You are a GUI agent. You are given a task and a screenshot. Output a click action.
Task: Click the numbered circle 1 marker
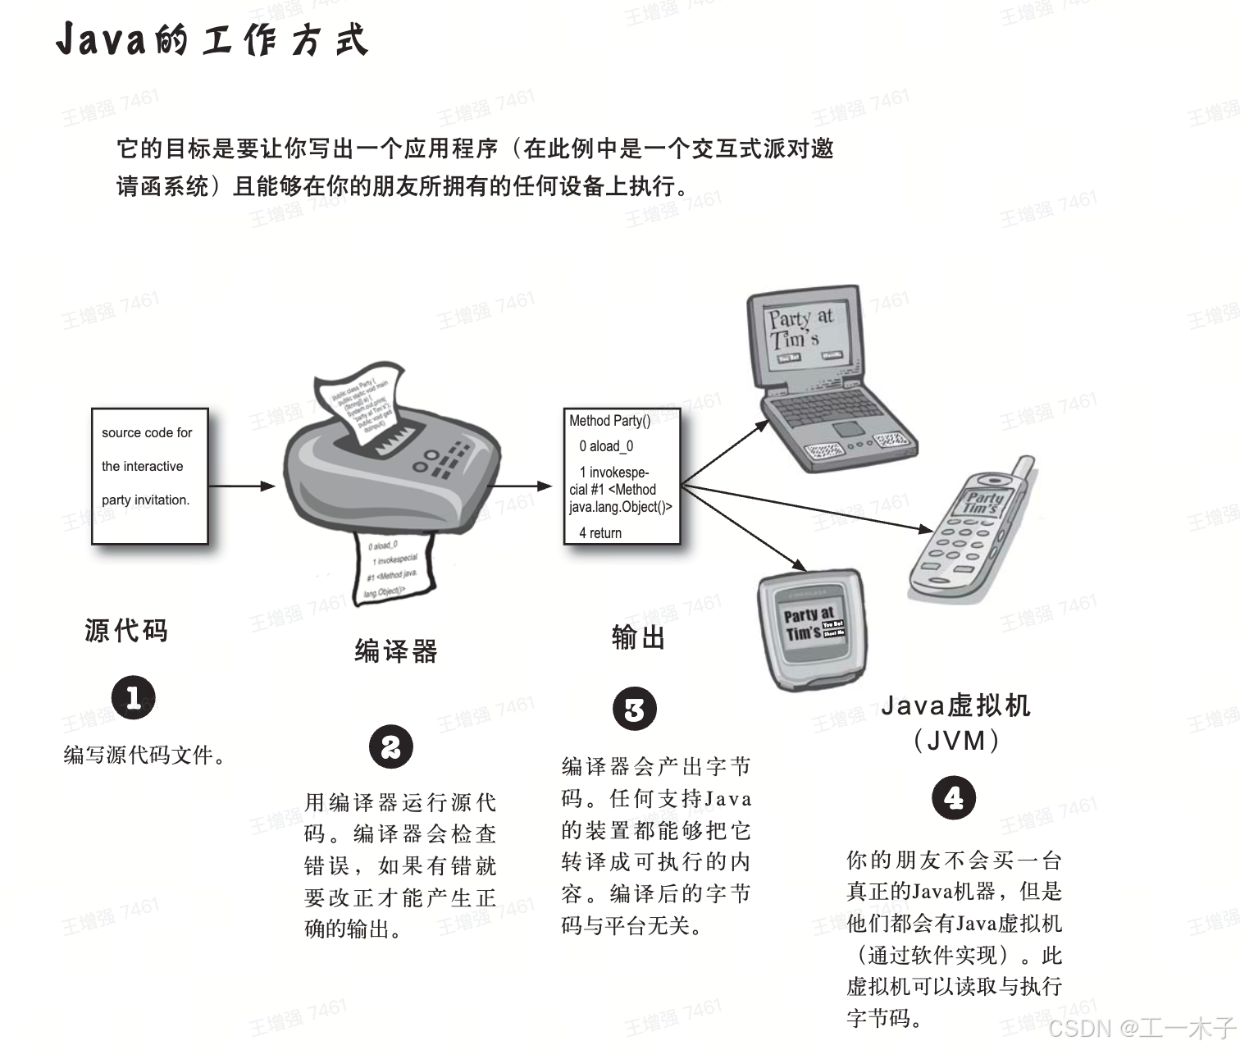click(133, 698)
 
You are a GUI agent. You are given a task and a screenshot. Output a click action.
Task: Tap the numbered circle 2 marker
click(390, 747)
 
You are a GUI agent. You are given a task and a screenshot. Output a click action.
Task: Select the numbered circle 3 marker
click(635, 710)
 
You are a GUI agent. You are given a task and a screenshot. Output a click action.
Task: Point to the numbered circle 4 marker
click(954, 798)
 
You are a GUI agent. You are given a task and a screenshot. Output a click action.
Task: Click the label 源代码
click(126, 631)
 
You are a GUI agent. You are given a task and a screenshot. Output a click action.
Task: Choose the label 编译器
click(396, 651)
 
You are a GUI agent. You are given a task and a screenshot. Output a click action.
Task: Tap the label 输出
click(638, 637)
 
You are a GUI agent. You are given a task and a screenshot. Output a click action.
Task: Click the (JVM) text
click(955, 741)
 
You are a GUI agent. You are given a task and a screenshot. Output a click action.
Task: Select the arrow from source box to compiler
click(242, 486)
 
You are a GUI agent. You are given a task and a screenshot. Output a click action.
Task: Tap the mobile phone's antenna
click(1023, 471)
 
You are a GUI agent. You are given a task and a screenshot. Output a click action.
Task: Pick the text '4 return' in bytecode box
click(600, 533)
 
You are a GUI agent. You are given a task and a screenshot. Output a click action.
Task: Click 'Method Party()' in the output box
click(609, 421)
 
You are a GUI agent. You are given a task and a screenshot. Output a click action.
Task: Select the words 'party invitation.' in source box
click(145, 500)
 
